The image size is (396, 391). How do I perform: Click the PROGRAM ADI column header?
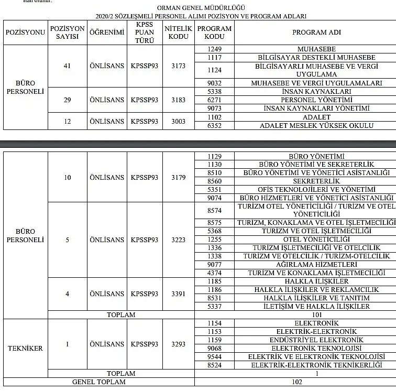pos(316,32)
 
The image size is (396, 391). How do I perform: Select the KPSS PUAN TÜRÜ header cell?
pos(145,32)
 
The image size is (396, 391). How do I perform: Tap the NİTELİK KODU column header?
pos(178,32)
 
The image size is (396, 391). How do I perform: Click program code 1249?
pos(214,49)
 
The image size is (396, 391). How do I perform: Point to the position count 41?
pos(67,66)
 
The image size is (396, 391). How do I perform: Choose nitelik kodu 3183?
pos(178,100)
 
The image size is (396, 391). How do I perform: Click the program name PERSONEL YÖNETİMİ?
pos(316,100)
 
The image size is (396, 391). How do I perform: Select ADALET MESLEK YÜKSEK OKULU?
pos(316,125)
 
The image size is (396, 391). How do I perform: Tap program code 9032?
pos(214,83)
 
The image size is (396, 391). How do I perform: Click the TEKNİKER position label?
pos(25,348)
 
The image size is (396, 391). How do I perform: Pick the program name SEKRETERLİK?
pos(316,181)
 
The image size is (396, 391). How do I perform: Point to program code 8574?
pos(214,210)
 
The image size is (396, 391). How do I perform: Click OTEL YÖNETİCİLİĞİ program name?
pos(316,239)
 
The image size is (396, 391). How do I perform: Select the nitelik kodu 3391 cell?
pos(178,294)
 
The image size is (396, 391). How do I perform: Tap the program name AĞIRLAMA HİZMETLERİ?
pos(316,264)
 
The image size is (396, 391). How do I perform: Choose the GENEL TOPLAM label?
pos(99,382)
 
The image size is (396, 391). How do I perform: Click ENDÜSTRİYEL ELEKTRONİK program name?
pos(316,340)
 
